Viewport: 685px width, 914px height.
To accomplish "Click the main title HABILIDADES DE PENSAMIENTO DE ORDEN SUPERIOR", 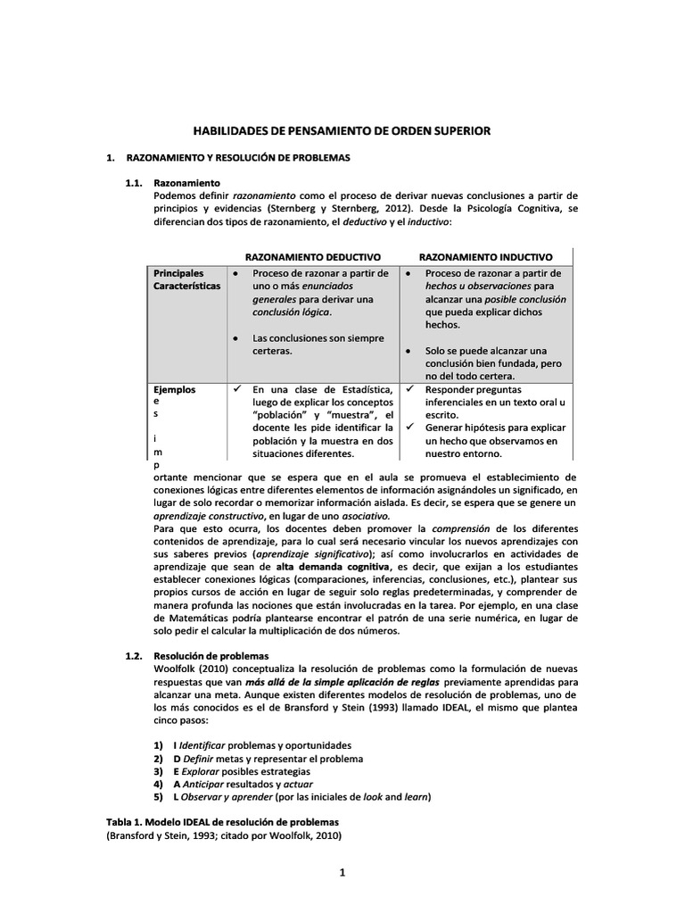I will [x=342, y=130].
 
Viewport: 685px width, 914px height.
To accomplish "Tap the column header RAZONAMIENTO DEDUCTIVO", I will [x=312, y=256].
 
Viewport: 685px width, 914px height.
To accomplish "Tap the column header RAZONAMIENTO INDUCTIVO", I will [x=485, y=256].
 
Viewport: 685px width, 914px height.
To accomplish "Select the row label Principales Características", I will [x=187, y=279].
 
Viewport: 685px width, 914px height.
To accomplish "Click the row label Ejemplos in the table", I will [x=175, y=389].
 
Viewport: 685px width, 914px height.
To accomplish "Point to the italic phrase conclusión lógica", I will [x=291, y=312].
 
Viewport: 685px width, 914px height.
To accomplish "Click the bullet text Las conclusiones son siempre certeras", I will [x=318, y=345].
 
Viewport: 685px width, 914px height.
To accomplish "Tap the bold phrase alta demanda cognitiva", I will [x=333, y=567].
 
